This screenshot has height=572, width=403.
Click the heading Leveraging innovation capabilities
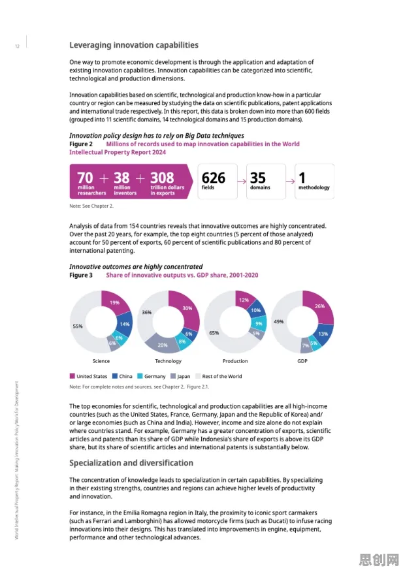pos(134,45)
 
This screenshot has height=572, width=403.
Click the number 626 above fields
pos(214,178)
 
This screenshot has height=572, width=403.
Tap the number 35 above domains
pos(258,178)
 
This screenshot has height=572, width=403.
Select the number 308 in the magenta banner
pos(162,178)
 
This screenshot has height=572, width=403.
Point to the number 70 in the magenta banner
pos(85,178)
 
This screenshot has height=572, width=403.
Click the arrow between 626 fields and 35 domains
pos(242,182)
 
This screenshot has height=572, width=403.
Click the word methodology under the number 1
pos(314,187)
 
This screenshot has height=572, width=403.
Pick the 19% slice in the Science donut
pos(114,302)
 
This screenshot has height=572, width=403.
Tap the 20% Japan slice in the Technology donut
pos(162,345)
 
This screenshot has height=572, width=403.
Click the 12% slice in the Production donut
pos(244,300)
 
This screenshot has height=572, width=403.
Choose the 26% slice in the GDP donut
pos(319,306)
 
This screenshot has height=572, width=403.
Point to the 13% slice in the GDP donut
pos(323,334)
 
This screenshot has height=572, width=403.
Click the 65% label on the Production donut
pos(214,333)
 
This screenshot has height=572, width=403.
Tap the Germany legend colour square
pos(140,375)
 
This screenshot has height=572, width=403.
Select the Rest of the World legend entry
pos(219,376)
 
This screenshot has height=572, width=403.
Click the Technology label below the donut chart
pos(168,361)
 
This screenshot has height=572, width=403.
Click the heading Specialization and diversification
pos(131,463)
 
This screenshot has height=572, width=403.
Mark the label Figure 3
pos(81,275)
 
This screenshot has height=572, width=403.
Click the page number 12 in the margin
pos(17,46)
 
